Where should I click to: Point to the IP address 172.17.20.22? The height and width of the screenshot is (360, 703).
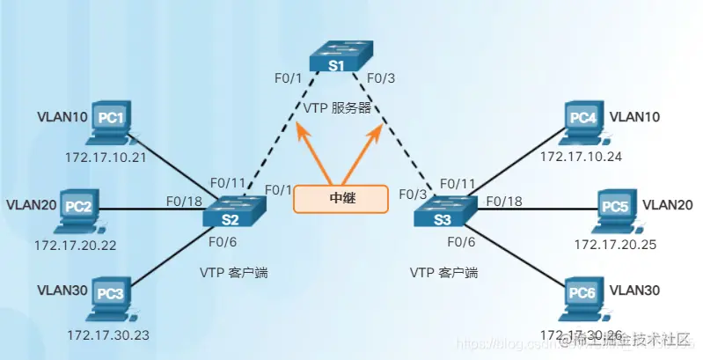point(75,244)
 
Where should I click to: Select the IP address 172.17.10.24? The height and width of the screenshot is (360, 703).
point(580,157)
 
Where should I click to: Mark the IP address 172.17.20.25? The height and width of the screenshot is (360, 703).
point(615,244)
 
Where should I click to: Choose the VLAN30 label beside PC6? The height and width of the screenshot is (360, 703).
point(635,290)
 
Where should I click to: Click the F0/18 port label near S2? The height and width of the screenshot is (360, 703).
point(186,201)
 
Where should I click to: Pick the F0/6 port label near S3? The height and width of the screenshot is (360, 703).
point(462,240)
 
